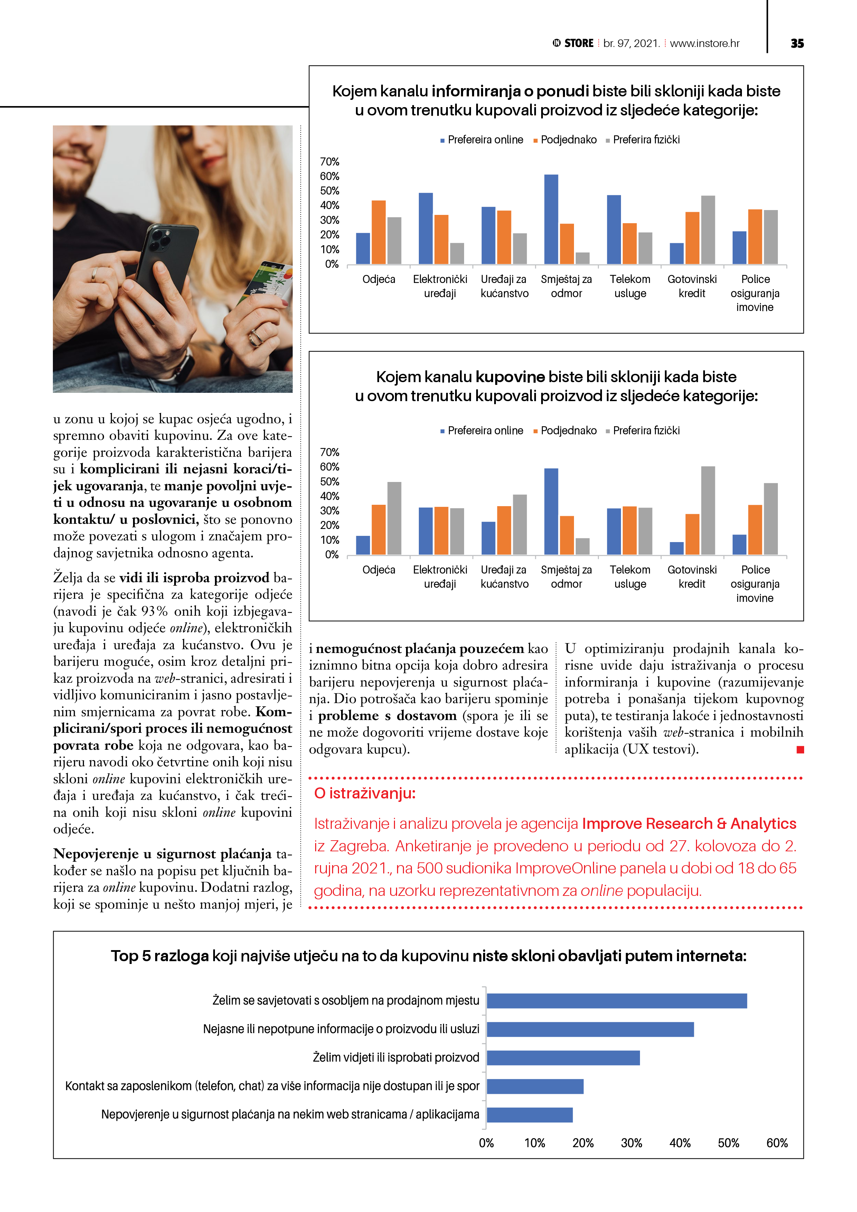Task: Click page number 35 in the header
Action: [797, 43]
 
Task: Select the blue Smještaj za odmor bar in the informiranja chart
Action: [551, 219]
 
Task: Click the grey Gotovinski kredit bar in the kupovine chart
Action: [708, 510]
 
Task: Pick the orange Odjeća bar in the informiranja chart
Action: [379, 232]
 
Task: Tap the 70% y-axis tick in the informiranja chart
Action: [329, 162]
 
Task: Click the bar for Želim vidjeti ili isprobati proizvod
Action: [563, 1058]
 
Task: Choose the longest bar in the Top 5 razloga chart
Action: [616, 1001]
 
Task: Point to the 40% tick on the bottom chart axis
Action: [680, 1143]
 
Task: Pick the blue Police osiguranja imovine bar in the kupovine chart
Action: [739, 545]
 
